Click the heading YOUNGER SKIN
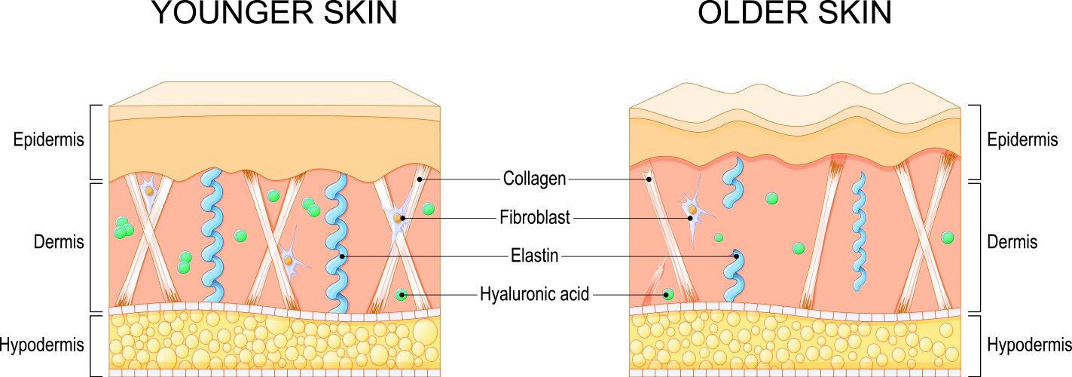274,14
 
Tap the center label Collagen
534,179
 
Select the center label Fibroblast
534,219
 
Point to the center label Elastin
534,256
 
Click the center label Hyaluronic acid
534,293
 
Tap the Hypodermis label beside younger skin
41,345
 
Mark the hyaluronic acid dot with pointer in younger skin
402,294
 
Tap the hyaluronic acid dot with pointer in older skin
667,294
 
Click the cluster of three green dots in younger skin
124,227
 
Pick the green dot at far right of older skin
947,238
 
